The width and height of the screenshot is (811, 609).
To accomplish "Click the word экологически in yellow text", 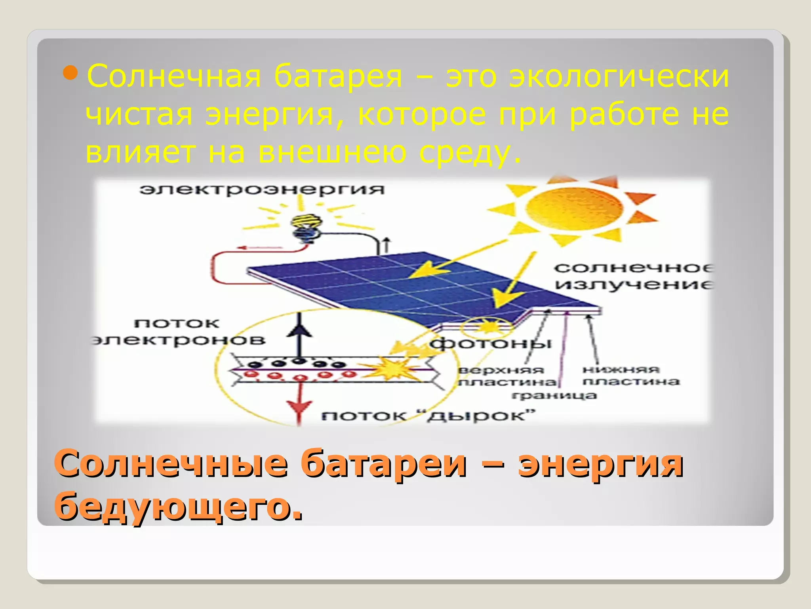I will pos(619,76).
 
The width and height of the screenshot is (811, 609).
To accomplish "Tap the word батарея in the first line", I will pos(338,76).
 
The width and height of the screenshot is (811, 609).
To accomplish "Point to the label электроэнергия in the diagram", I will pos(262,189).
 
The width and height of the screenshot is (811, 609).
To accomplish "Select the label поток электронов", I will pos(178,332).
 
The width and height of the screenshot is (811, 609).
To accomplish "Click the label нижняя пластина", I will pos(630,375).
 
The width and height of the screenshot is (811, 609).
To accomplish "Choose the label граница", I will pos(554,395).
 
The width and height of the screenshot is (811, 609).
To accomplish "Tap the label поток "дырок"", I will pos(428,416).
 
